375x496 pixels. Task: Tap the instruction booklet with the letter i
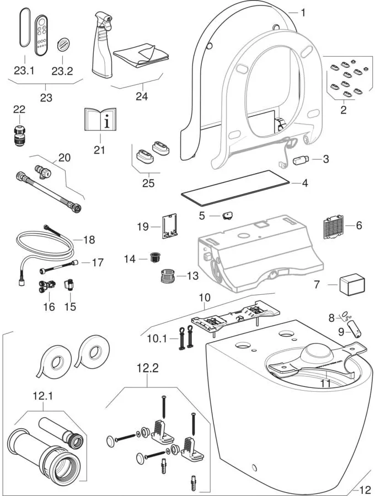100,120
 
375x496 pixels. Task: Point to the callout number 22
19,110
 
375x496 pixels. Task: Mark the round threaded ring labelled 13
166,276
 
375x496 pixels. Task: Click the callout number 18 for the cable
89,240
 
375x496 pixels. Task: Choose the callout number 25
148,183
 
